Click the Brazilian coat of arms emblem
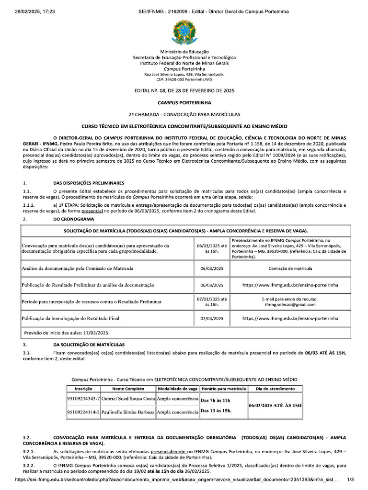pyautogui.click(x=184, y=32)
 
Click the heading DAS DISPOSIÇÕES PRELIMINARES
pyautogui.click(x=89, y=183)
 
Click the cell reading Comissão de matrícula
pyautogui.click(x=290, y=268)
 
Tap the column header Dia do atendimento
pyautogui.click(x=276, y=389)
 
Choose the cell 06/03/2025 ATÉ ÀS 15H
pyautogui.click(x=276, y=405)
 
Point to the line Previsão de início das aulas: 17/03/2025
pyautogui.click(x=66, y=333)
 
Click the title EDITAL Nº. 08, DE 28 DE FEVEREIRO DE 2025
pyautogui.click(x=184, y=90)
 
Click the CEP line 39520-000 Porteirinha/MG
pyautogui.click(x=184, y=79)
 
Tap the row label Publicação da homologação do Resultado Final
pyautogui.click(x=70, y=318)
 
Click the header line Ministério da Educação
pyautogui.click(x=184, y=52)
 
